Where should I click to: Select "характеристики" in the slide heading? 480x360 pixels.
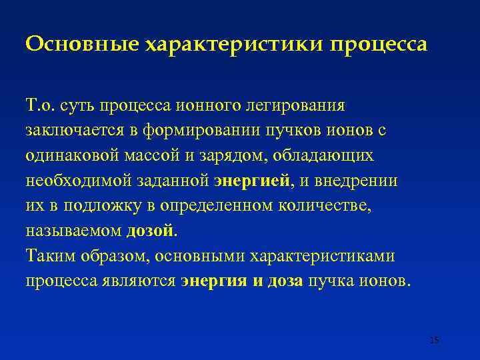tap(234, 45)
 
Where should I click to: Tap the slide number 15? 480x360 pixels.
tap(435, 340)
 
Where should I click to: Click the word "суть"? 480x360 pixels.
tap(77, 105)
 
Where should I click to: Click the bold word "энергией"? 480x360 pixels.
tap(253, 181)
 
